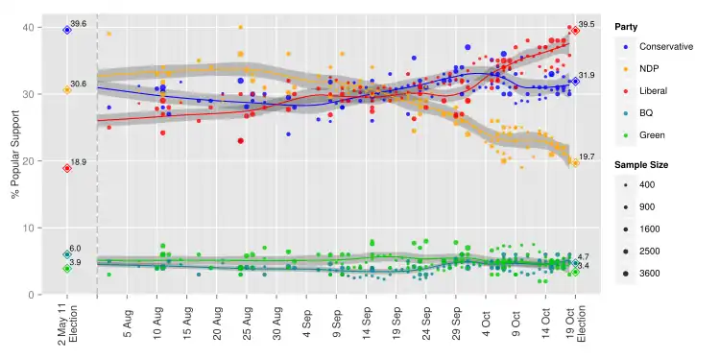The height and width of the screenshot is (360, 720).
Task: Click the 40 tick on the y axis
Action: tap(29, 28)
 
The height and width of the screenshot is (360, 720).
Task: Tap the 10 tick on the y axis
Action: tap(29, 228)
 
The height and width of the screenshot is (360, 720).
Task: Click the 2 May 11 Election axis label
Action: tap(67, 326)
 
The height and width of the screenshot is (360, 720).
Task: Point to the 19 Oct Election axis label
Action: tap(575, 326)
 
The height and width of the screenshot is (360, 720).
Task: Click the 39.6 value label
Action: tap(79, 23)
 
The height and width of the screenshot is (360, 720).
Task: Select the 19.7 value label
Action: tap(586, 156)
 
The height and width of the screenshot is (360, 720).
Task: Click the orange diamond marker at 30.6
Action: tap(67, 89)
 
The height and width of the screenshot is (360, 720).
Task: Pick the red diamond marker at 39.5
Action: tap(575, 31)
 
